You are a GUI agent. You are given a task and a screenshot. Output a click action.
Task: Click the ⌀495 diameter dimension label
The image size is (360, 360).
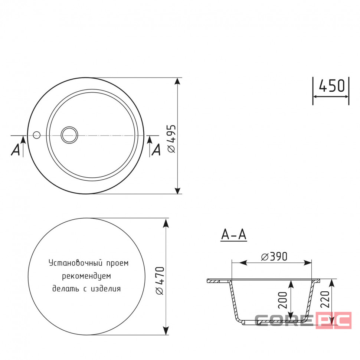pos(171,139)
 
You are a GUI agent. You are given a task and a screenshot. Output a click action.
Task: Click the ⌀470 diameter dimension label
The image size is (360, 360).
pos(160,281)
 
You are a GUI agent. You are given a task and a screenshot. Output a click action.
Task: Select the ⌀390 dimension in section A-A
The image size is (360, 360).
pos(274,257)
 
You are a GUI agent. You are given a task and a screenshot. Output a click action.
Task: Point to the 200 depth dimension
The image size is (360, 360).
pos(283,300)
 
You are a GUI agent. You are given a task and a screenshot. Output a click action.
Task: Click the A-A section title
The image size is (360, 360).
pos(234,235)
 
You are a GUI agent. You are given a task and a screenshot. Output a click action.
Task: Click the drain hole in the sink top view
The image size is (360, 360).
pos(69,135)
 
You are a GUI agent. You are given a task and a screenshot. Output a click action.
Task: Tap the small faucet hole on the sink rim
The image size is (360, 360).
pos(36,135)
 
